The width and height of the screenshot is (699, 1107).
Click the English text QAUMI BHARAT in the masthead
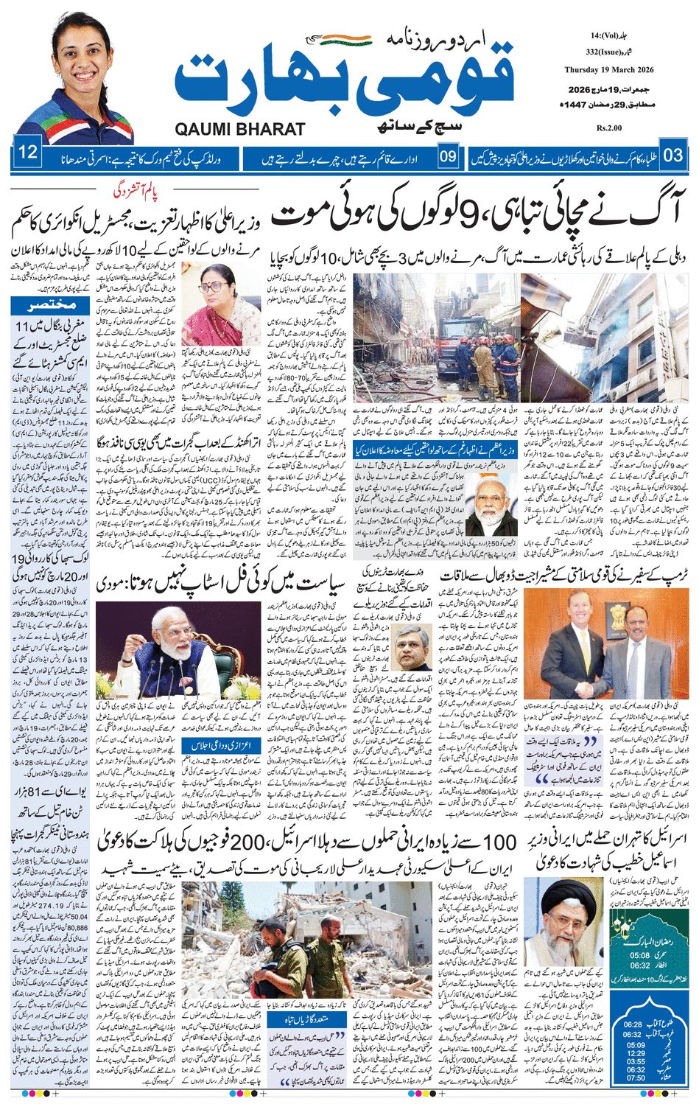coord(240,129)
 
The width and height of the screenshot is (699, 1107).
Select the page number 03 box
coord(672,156)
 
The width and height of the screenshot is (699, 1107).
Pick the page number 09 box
coord(448,156)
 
